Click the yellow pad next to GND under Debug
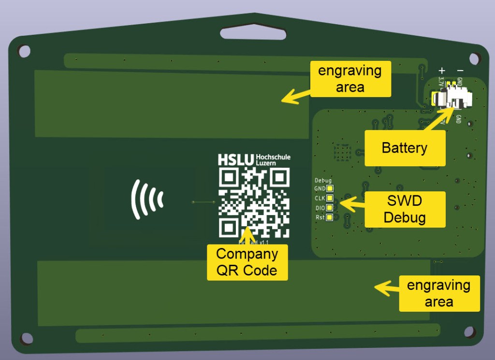click(330, 188)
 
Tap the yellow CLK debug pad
click(330, 198)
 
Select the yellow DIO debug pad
click(330, 208)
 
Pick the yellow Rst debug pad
click(330, 217)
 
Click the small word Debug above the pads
click(323, 180)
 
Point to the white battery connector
click(453, 97)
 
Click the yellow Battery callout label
click(404, 148)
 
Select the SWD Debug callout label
click(404, 209)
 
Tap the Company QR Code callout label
click(247, 262)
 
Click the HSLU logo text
click(236, 160)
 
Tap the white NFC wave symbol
click(147, 199)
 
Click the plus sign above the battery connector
click(441, 71)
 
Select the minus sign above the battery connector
click(460, 71)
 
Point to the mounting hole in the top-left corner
click(24, 50)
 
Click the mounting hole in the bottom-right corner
click(469, 332)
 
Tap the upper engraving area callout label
click(350, 79)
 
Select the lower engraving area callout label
click(438, 293)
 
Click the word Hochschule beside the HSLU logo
click(273, 157)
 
